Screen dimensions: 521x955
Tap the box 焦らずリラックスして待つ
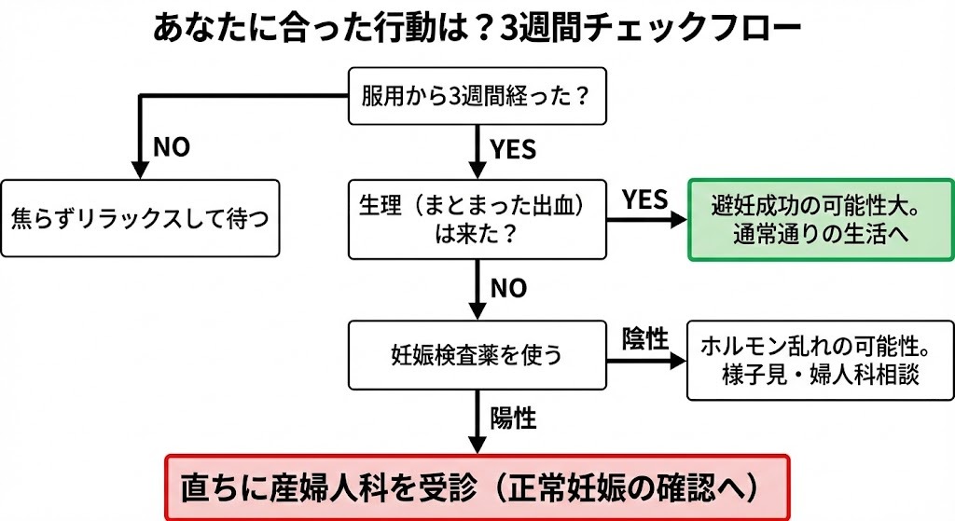pyautogui.click(x=140, y=219)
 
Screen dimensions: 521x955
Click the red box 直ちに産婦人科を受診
pyautogui.click(x=477, y=487)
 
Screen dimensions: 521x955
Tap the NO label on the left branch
pyautogui.click(x=171, y=147)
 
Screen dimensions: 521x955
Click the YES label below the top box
pyautogui.click(x=513, y=147)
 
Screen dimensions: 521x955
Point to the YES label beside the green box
pyautogui.click(x=645, y=199)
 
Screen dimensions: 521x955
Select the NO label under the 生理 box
pyautogui.click(x=508, y=288)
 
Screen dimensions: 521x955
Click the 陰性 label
pyautogui.click(x=645, y=339)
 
